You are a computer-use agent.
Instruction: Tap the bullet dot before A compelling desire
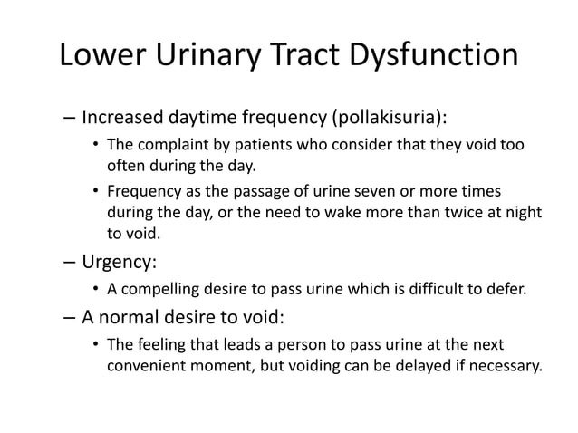tap(95, 290)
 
